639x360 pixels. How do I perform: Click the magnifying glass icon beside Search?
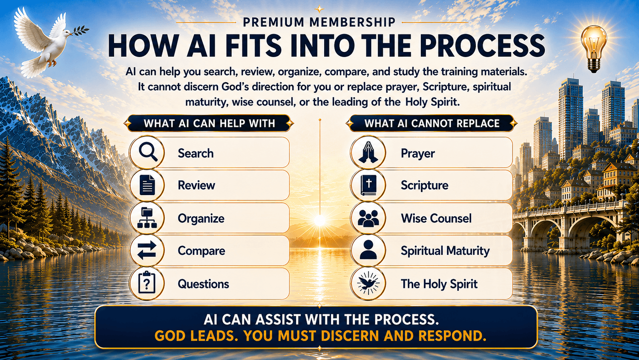[x=148, y=153]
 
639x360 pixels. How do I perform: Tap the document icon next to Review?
[x=147, y=185]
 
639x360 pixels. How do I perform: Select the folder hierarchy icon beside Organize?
[x=147, y=218]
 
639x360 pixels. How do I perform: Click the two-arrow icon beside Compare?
[x=147, y=251]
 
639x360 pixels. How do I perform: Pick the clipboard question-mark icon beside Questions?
[x=147, y=283]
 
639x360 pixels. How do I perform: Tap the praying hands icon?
[x=368, y=153]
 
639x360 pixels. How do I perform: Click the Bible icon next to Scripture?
[x=368, y=185]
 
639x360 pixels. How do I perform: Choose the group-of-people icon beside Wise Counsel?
[x=368, y=218]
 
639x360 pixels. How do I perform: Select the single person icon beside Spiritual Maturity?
[x=368, y=250]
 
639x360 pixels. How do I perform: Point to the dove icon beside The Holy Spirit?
[x=368, y=283]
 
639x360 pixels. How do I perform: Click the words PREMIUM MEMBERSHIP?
[x=319, y=22]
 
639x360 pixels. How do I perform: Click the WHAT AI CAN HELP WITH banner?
[x=209, y=123]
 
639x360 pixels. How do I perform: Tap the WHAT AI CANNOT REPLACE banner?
[x=432, y=123]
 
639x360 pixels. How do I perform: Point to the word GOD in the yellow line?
[x=171, y=336]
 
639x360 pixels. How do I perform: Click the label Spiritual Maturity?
[x=445, y=251]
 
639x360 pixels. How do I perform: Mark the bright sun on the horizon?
[x=319, y=220]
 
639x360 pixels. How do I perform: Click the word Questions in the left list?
[x=203, y=284]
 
